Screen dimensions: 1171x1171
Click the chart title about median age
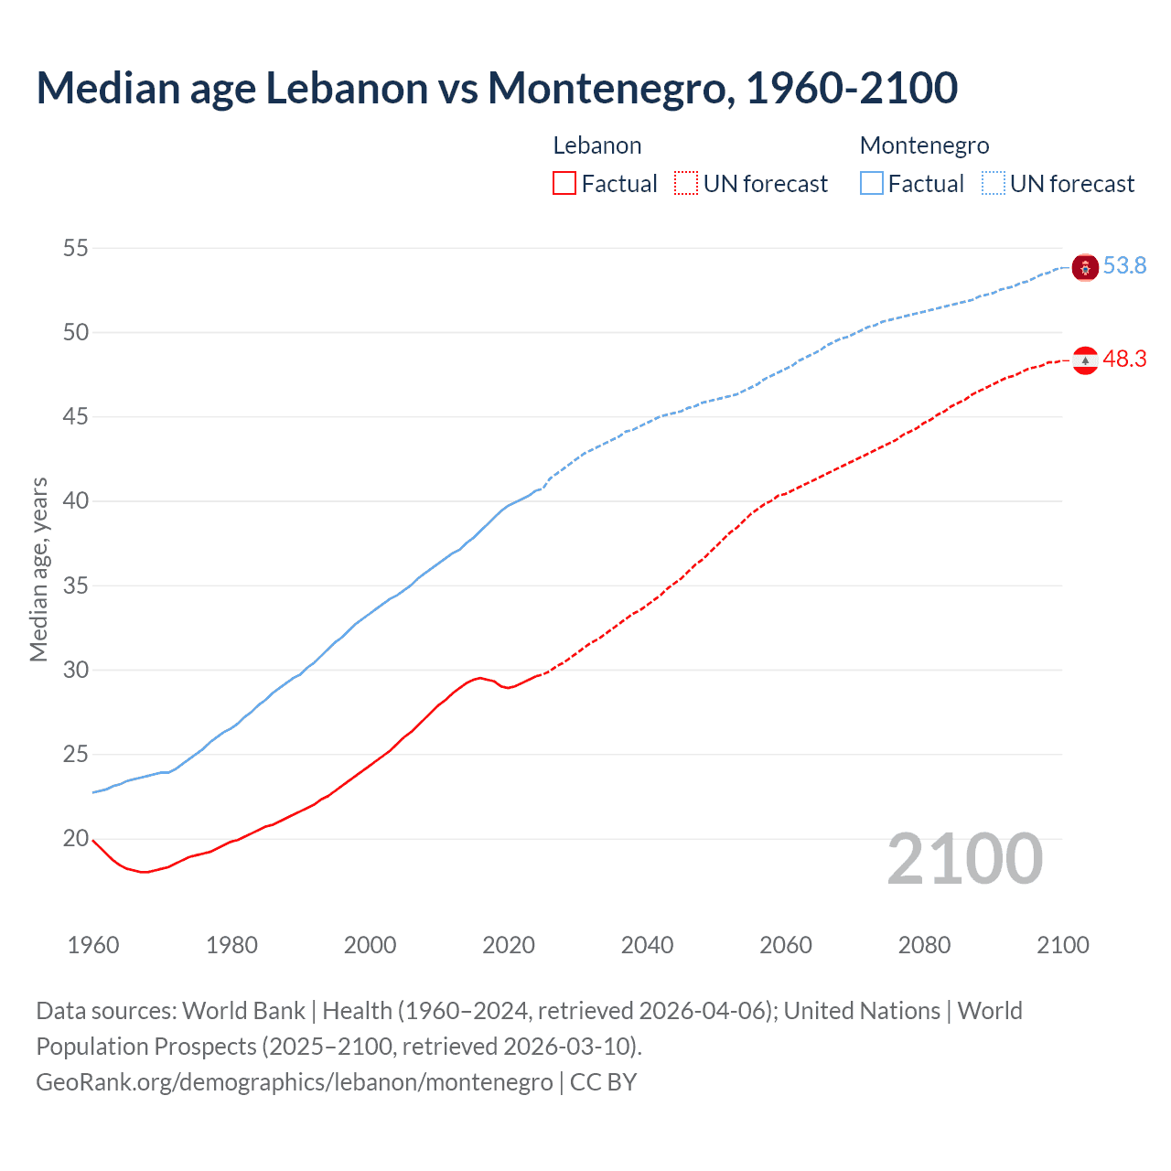coord(497,88)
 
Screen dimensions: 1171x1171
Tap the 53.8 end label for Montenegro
coord(1124,266)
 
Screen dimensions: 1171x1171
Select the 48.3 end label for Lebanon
coord(1124,360)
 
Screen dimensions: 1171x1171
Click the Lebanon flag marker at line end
coord(1085,360)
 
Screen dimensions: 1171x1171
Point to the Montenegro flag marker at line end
coord(1085,267)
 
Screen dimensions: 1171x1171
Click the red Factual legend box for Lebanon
coord(564,184)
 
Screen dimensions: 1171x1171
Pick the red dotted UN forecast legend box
coord(686,184)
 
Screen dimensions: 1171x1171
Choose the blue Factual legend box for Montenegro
coord(872,184)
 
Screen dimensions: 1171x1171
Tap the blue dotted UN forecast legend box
coord(994,184)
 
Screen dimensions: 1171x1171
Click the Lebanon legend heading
coord(597,145)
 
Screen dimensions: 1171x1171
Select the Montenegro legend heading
coord(924,145)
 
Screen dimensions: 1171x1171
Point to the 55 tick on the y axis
coord(76,248)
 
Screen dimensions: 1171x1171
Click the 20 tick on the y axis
coord(76,839)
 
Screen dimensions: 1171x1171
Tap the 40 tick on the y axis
coord(76,501)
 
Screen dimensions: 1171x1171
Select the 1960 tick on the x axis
coord(93,945)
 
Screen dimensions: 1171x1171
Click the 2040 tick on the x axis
coord(647,945)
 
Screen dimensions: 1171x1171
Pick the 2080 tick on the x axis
coord(924,945)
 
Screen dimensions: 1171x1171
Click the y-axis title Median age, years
coord(38,569)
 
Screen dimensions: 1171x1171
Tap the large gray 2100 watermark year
coord(964,859)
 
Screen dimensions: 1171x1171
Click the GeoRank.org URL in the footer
coord(294,1082)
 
